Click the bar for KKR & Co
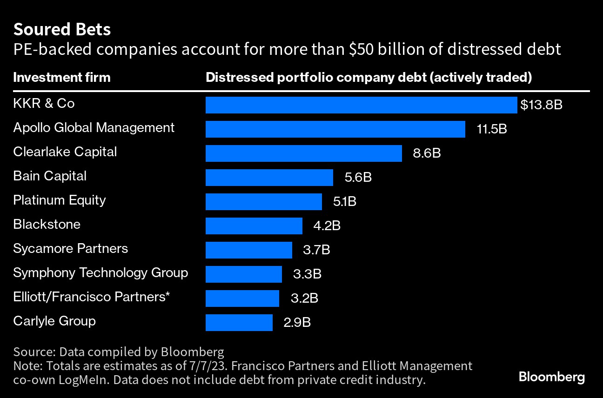click(361, 105)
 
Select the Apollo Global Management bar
click(335, 129)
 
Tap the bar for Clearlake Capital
click(303, 153)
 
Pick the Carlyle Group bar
click(239, 323)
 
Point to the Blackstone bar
click(254, 226)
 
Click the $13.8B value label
click(541, 105)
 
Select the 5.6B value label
click(358, 178)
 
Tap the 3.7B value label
click(316, 250)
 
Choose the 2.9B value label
click(297, 323)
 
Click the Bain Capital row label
click(50, 176)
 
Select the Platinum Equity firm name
click(60, 200)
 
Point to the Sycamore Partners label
click(70, 249)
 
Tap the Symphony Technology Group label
click(100, 273)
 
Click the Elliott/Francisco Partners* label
click(91, 297)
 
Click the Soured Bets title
click(62, 30)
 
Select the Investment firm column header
click(62, 77)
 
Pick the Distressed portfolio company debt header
click(368, 77)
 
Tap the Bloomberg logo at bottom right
click(551, 377)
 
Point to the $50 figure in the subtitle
click(362, 49)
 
